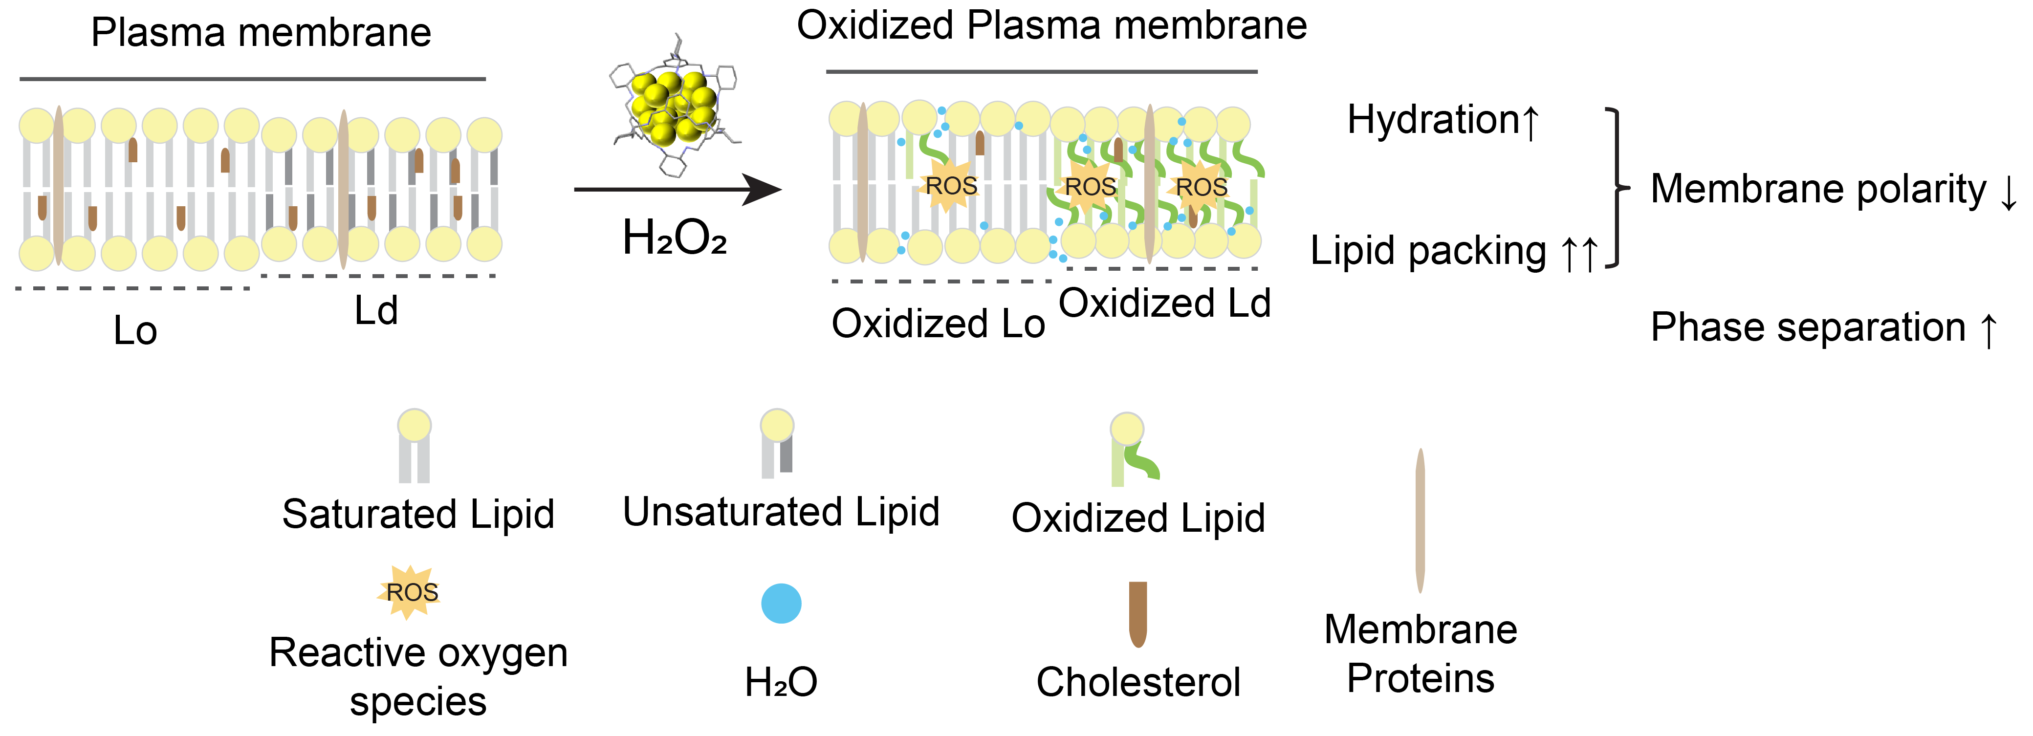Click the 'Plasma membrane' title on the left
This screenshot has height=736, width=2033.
(x=261, y=33)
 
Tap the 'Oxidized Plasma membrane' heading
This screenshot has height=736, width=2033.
(x=1051, y=25)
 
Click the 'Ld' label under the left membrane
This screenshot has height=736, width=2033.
(x=376, y=310)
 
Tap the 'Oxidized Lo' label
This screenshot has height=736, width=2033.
(x=939, y=324)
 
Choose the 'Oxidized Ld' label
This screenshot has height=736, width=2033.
(x=1164, y=303)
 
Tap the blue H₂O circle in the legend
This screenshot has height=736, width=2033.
(x=781, y=604)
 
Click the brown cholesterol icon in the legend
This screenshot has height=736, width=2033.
(x=1137, y=614)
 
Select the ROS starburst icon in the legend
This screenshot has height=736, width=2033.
(x=410, y=592)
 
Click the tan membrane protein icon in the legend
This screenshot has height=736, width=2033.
(x=1420, y=520)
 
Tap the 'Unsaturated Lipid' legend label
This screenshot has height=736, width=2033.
(x=781, y=512)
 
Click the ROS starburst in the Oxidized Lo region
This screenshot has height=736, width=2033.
(x=950, y=185)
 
